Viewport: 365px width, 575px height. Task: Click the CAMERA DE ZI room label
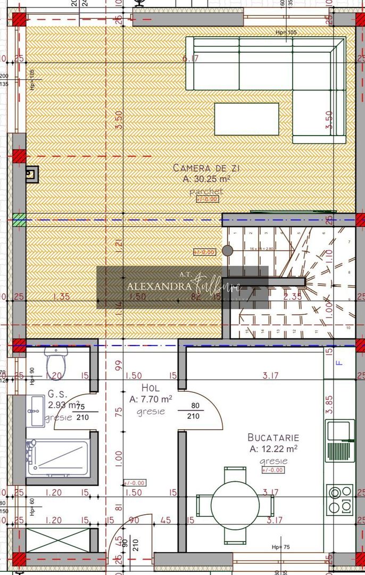click(x=203, y=168)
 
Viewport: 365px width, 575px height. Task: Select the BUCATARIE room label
click(x=273, y=437)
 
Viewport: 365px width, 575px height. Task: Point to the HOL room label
click(x=151, y=388)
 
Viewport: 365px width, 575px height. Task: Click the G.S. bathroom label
click(x=57, y=395)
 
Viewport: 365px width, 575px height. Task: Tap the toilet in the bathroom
click(x=56, y=363)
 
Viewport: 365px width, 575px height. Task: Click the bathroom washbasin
click(x=36, y=411)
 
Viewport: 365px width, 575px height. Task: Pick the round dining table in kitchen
click(x=235, y=504)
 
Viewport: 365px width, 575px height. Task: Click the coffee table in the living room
click(x=246, y=119)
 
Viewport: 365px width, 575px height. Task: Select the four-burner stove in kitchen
click(x=339, y=499)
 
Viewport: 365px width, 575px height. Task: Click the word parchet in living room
click(x=206, y=191)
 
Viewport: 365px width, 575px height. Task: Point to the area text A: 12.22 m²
click(x=273, y=449)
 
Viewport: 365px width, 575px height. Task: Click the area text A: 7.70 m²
click(x=151, y=399)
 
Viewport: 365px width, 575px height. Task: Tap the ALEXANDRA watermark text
click(x=159, y=285)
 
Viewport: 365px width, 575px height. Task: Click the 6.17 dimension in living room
click(x=190, y=59)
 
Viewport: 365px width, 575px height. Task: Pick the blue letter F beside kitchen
click(x=339, y=364)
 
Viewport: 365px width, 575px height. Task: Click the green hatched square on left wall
click(x=19, y=219)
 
